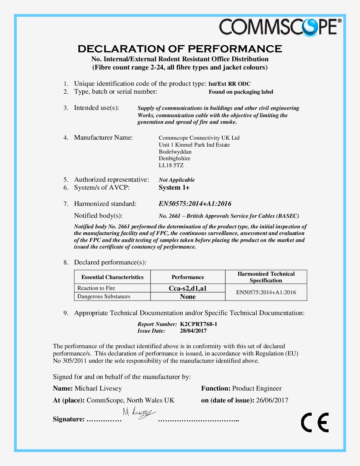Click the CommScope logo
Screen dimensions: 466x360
[x=280, y=27]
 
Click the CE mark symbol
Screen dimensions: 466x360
[x=315, y=422]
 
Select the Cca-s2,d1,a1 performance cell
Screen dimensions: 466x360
[x=188, y=288]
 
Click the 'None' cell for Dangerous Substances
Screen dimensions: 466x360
[x=188, y=297]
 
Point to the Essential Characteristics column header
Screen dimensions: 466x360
[x=112, y=277]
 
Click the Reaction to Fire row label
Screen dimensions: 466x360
[x=96, y=288]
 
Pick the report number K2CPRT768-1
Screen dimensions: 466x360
[x=199, y=324]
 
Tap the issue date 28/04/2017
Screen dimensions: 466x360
[x=193, y=331]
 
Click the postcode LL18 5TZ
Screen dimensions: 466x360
[x=171, y=165]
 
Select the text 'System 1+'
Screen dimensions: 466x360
[x=174, y=188]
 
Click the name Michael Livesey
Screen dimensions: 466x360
[x=98, y=388]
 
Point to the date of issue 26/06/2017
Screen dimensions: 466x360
[x=272, y=400]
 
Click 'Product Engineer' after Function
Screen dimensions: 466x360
[x=257, y=388]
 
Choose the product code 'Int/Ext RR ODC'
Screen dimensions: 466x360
[x=230, y=84]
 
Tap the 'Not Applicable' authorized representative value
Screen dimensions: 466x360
[x=177, y=180]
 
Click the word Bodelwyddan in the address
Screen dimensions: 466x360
[x=175, y=152]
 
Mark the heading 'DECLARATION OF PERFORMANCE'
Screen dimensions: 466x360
[x=180, y=49]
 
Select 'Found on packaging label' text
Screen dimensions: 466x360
[x=241, y=92]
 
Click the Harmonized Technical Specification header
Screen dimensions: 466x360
[x=266, y=277]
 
